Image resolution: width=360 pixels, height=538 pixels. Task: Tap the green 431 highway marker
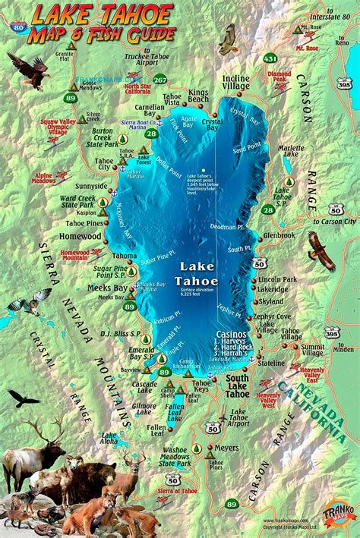tap(270, 58)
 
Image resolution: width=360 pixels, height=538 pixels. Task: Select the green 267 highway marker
tap(159, 79)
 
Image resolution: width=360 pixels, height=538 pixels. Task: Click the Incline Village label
tap(235, 83)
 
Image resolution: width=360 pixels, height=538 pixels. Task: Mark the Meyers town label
tap(226, 448)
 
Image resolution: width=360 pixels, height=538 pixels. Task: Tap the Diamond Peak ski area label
tap(279, 77)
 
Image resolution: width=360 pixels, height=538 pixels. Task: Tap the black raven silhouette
tap(23, 398)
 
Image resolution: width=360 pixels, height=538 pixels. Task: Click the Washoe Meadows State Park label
tap(175, 458)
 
